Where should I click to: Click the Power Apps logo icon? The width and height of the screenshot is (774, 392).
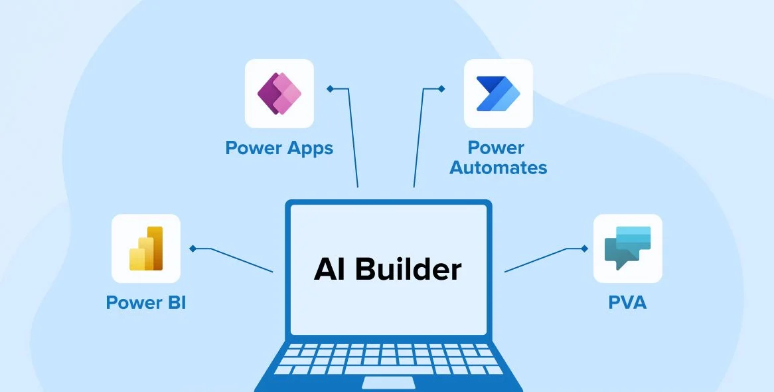click(x=279, y=94)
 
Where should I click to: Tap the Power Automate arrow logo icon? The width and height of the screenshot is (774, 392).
click(x=498, y=94)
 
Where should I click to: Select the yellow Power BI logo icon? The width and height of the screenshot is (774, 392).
click(x=146, y=248)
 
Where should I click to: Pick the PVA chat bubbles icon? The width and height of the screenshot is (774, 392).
click(x=627, y=248)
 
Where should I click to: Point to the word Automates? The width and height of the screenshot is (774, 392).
click(x=498, y=167)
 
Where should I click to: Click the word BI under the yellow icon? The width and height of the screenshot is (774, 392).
click(x=174, y=303)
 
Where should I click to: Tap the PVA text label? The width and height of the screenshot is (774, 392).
click(x=627, y=303)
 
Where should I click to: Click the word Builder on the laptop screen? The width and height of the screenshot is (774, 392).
click(x=408, y=269)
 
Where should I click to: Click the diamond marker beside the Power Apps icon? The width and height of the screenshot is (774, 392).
click(x=329, y=88)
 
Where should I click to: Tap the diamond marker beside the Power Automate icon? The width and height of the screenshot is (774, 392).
click(x=441, y=88)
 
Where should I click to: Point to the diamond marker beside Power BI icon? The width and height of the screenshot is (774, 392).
click(x=193, y=248)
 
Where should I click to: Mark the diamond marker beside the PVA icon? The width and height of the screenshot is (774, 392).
click(x=584, y=248)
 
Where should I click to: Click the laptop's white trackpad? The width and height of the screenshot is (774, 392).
click(x=388, y=382)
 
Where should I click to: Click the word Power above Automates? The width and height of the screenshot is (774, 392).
click(x=496, y=147)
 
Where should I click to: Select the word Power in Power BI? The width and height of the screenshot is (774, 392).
click(x=134, y=303)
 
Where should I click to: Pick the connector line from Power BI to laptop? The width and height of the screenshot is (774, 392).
click(x=242, y=260)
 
